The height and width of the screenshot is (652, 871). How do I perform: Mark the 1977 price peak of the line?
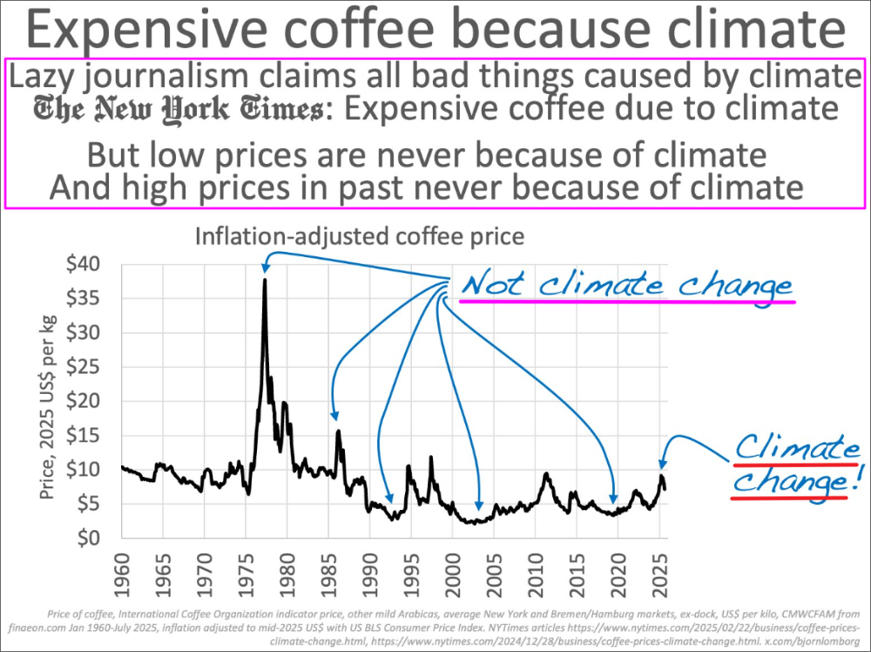[x=265, y=280]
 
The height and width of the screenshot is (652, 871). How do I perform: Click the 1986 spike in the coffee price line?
[x=338, y=431]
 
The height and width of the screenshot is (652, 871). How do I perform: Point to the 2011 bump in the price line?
[x=546, y=474]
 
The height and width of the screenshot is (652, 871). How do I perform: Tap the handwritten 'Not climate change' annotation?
[x=627, y=285]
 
